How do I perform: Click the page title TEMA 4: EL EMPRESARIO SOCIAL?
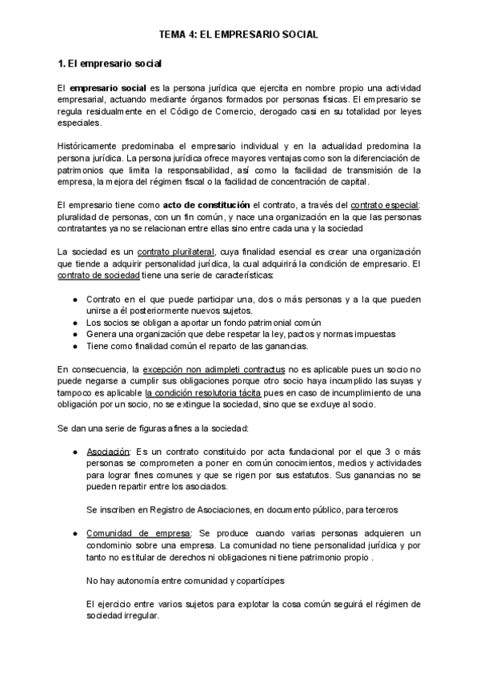pyautogui.click(x=239, y=34)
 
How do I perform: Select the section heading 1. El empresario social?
pyautogui.click(x=110, y=62)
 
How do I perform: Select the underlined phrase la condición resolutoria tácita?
pyautogui.click(x=205, y=393)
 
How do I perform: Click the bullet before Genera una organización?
pyautogui.click(x=74, y=335)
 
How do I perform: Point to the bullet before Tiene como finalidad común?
pyautogui.click(x=74, y=347)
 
